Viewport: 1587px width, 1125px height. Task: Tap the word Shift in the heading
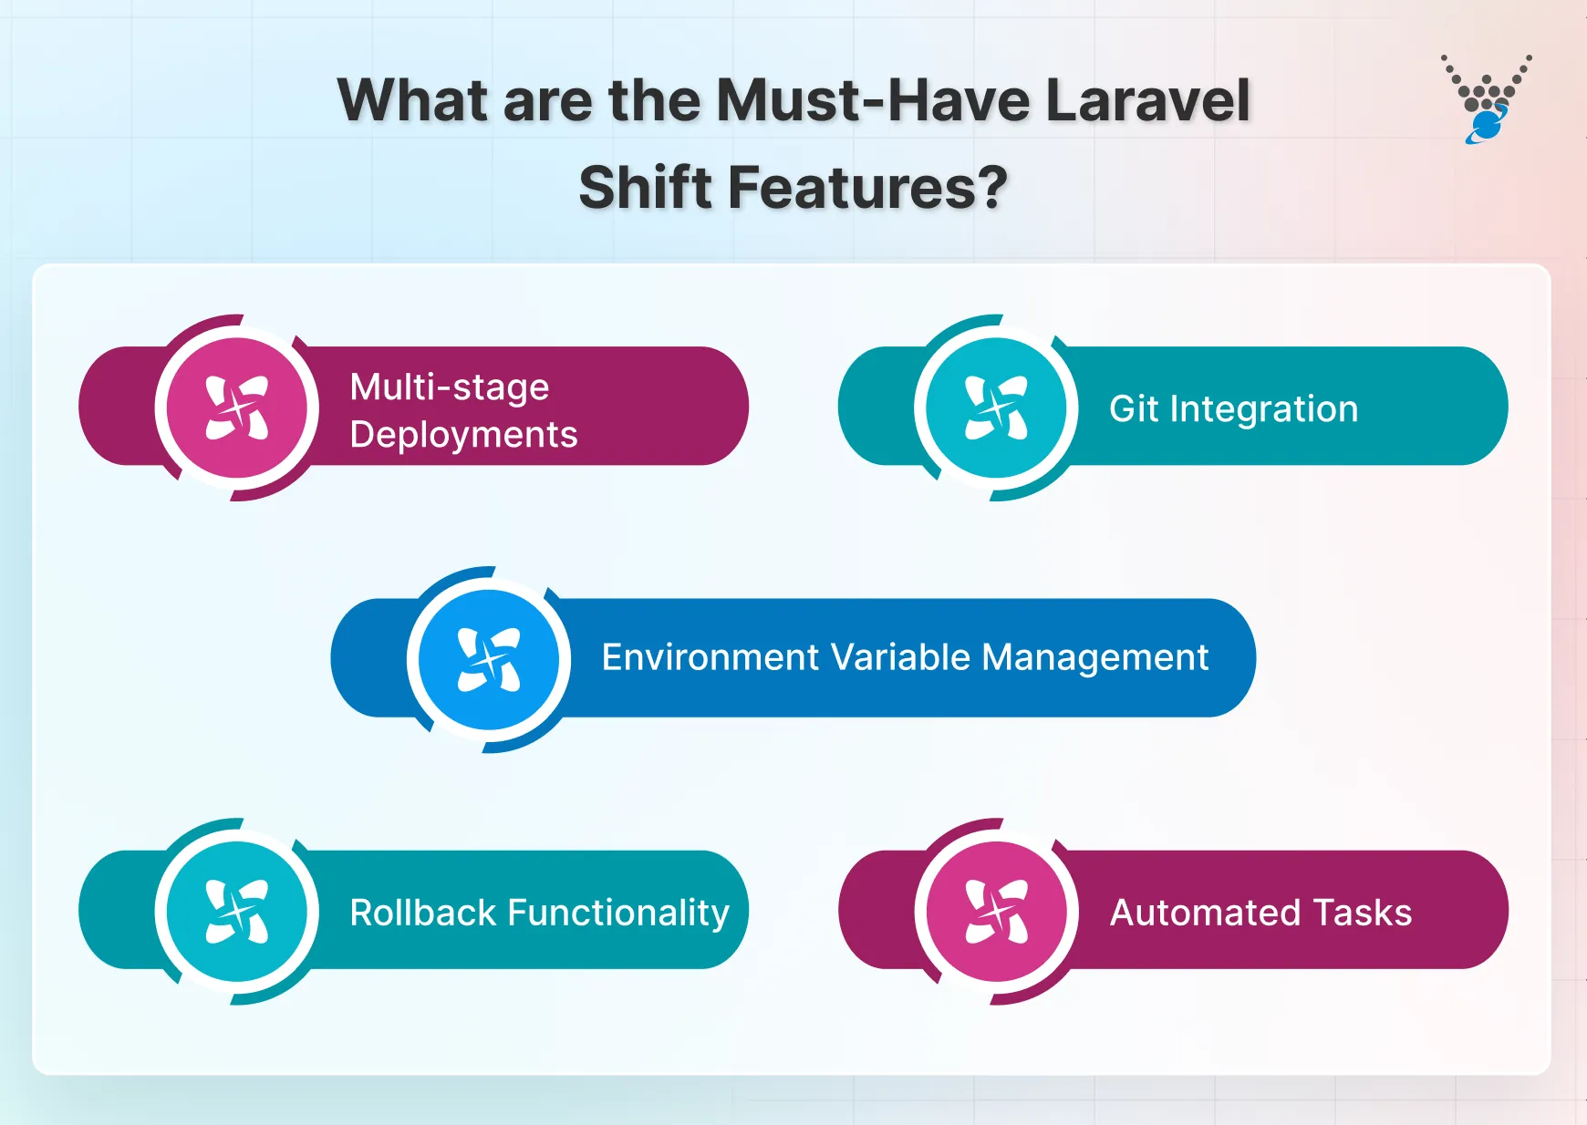click(645, 188)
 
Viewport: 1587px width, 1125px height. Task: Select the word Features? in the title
click(867, 188)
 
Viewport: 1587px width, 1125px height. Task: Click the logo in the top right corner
click(1486, 98)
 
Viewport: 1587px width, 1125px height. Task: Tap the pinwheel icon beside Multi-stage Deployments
click(237, 408)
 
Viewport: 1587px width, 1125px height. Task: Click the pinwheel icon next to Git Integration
click(996, 408)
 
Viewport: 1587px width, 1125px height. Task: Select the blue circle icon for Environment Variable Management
click(489, 659)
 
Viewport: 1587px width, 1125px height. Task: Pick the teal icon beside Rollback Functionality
click(237, 911)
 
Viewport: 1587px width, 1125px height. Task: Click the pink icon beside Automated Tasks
click(996, 911)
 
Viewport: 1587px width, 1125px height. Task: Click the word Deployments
click(463, 435)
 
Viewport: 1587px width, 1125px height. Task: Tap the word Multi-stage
click(450, 387)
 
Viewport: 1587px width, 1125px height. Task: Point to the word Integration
click(1263, 409)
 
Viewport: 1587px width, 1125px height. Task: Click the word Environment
click(710, 657)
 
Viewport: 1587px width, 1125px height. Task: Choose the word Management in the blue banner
click(1094, 657)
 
